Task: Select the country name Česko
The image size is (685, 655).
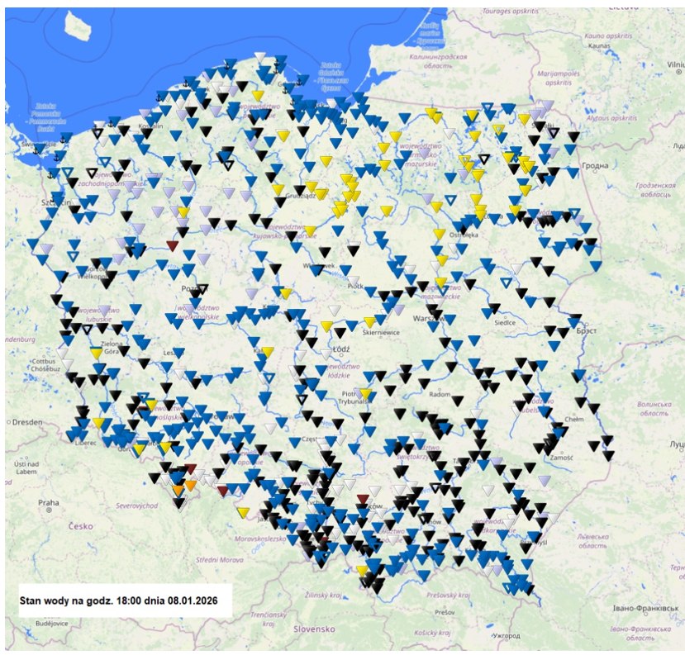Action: [81, 525]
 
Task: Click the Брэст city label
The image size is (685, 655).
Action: [587, 330]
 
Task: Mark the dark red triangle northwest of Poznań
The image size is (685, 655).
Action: [172, 245]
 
